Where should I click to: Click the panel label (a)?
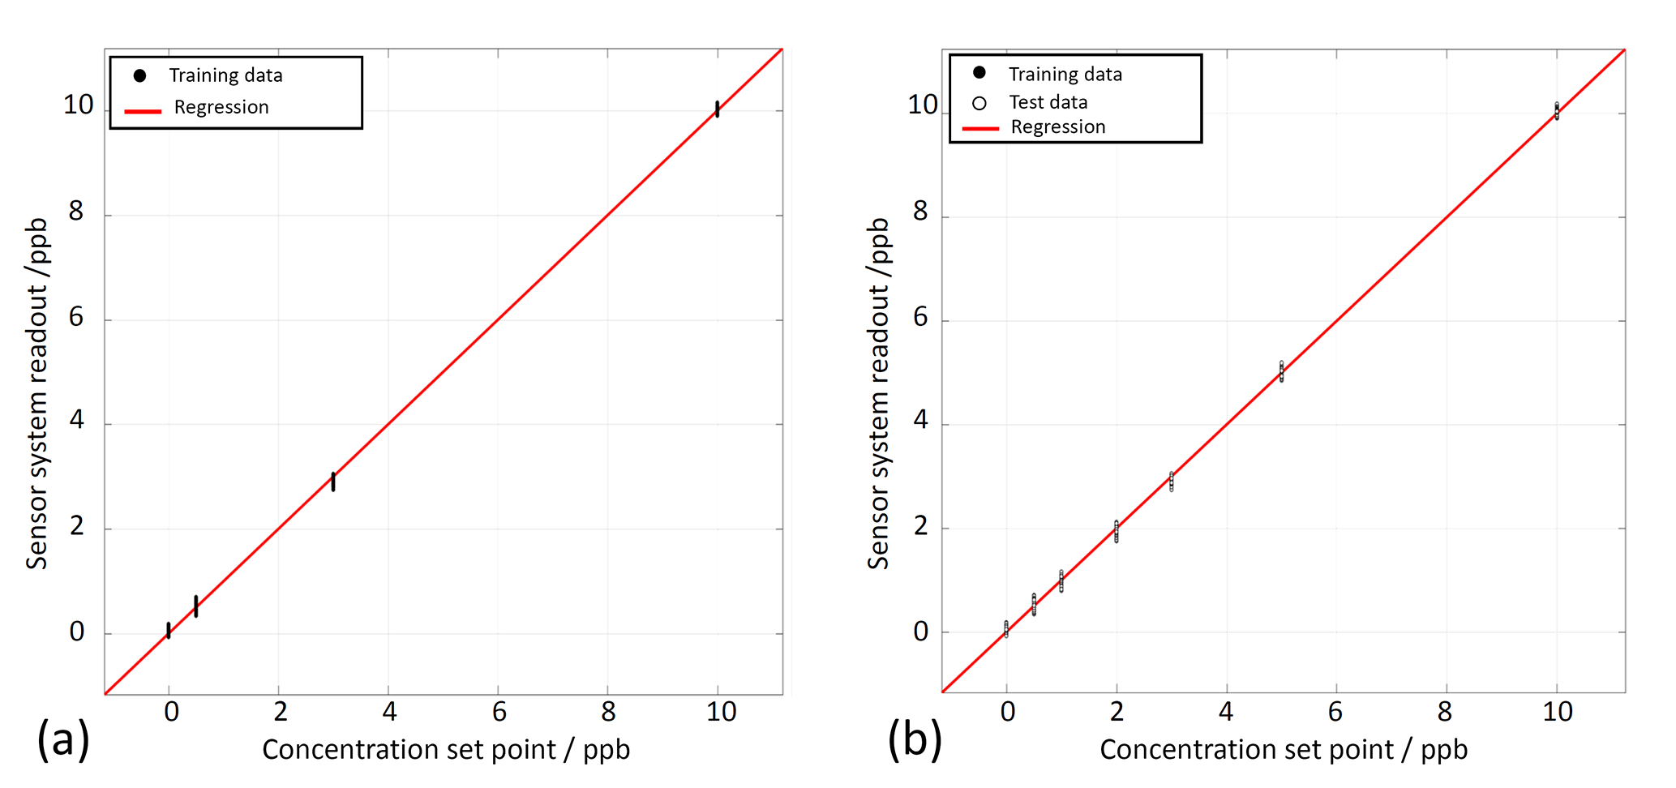pos(62,739)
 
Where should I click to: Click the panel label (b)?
pos(914,739)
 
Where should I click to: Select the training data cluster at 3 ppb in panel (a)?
pos(333,482)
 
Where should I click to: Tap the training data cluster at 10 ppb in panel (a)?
pos(717,109)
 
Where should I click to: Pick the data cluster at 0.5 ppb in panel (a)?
pos(196,606)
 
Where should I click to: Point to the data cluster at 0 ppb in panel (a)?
pos(169,630)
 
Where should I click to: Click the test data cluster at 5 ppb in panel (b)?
pos(1281,371)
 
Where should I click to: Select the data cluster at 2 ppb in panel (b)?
pos(1117,531)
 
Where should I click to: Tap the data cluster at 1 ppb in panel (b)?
pos(1061,580)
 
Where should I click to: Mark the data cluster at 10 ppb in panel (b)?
pos(1557,111)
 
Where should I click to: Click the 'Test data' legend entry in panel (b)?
pos(1048,103)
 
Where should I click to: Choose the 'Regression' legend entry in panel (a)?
pos(221,108)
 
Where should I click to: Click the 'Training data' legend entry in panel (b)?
pos(1065,75)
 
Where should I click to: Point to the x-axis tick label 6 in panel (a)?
pos(499,712)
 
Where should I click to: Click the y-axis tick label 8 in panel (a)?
pos(76,212)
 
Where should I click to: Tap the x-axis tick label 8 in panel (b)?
pos(1445,712)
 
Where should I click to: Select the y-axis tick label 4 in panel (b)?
pos(920,420)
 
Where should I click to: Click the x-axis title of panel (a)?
pos(446,749)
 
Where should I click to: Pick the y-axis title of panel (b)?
pos(879,393)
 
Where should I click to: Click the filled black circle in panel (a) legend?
pos(140,75)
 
